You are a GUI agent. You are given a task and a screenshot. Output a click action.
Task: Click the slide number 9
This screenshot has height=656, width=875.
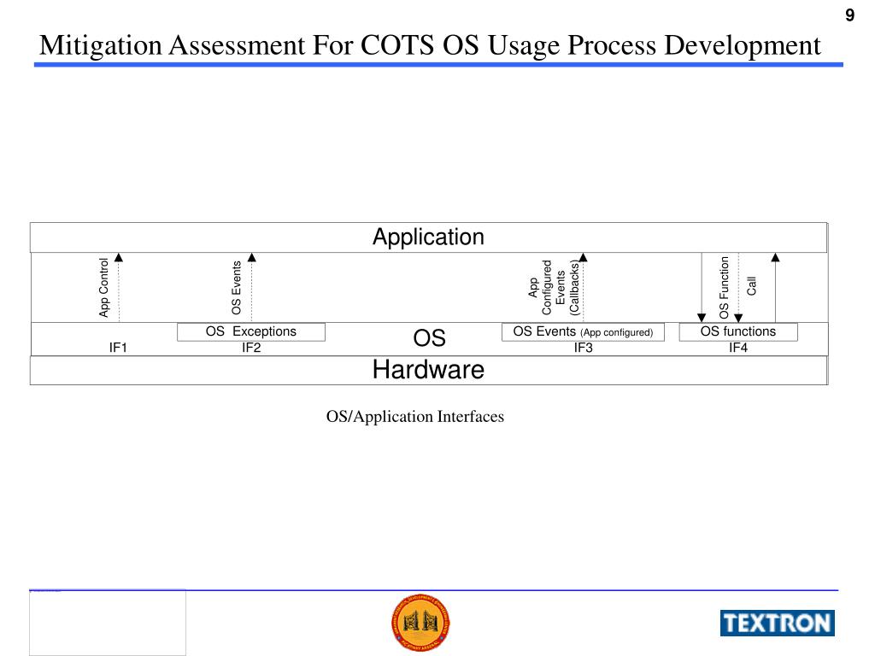(x=849, y=16)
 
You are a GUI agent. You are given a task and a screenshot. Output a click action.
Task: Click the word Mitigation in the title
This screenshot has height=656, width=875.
(x=101, y=45)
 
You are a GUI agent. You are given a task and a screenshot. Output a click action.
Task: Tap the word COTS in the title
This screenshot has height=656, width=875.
(x=397, y=45)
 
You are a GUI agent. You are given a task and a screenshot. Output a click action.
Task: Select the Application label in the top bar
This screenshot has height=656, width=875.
(x=428, y=237)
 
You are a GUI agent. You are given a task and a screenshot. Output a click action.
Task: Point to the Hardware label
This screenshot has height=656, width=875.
(x=428, y=370)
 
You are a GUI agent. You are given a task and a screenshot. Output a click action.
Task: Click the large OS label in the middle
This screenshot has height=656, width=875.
(x=430, y=338)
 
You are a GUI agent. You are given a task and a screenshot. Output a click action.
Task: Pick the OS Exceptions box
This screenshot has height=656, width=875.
(x=251, y=331)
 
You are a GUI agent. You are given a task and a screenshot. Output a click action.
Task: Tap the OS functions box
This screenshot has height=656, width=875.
(x=738, y=331)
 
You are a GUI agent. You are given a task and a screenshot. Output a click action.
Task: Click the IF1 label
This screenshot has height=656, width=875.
(x=118, y=348)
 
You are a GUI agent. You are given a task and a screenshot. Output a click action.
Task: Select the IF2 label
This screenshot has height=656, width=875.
(x=251, y=348)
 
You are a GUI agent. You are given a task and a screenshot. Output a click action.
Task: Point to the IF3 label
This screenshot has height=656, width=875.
(x=584, y=348)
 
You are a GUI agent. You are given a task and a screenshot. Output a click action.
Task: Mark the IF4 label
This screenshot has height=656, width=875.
(x=738, y=348)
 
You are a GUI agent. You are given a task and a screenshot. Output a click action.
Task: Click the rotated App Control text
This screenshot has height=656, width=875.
(x=104, y=288)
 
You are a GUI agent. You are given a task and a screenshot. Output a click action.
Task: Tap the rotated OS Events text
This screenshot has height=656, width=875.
(x=237, y=288)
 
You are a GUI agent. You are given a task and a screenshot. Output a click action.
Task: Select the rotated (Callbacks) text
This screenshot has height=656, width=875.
(x=574, y=289)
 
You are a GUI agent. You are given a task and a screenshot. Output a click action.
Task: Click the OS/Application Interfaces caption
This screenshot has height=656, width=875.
(x=415, y=417)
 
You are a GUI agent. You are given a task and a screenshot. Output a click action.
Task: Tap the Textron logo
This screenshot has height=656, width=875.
(x=777, y=623)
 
